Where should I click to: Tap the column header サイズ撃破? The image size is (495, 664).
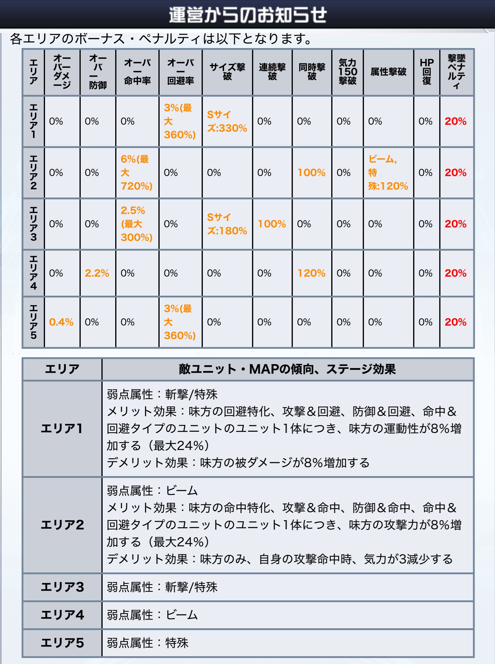pyautogui.click(x=227, y=72)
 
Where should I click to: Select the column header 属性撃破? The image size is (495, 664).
pyautogui.click(x=388, y=72)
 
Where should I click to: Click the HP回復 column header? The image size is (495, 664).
pyautogui.click(x=426, y=72)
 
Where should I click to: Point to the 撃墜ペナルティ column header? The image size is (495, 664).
pyautogui.click(x=456, y=72)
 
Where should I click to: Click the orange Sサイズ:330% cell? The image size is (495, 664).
pyautogui.click(x=227, y=121)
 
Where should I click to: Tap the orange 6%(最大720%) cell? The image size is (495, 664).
pyautogui.click(x=136, y=173)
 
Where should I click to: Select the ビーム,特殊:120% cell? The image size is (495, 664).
pyautogui.click(x=388, y=173)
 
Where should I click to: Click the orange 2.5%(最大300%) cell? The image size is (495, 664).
pyautogui.click(x=136, y=224)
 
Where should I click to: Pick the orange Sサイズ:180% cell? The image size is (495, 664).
pyautogui.click(x=227, y=224)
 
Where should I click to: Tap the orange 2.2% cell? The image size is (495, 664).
pyautogui.click(x=97, y=273)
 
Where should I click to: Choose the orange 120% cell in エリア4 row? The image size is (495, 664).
pyautogui.click(x=311, y=273)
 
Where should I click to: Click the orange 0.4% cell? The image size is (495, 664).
pyautogui.click(x=61, y=322)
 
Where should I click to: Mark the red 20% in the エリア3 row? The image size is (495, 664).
pyautogui.click(x=455, y=224)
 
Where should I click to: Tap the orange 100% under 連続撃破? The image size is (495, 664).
pyautogui.click(x=272, y=224)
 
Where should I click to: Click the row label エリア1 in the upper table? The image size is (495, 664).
pyautogui.click(x=33, y=121)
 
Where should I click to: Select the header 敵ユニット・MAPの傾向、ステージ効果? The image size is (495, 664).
pyautogui.click(x=287, y=369)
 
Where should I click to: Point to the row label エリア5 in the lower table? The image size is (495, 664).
pyautogui.click(x=62, y=643)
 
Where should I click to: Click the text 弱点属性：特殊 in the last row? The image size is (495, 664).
pyautogui.click(x=148, y=643)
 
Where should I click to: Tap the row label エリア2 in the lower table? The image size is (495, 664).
pyautogui.click(x=62, y=525)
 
